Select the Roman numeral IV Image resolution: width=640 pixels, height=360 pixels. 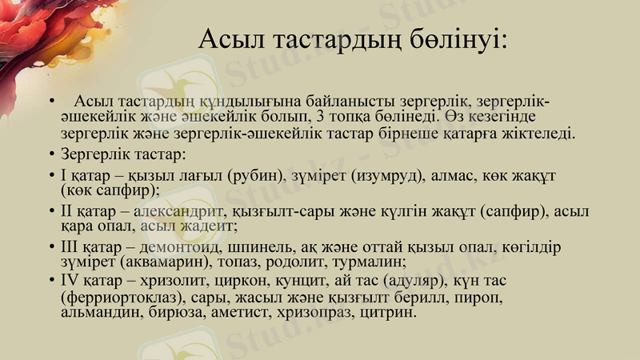(69, 282)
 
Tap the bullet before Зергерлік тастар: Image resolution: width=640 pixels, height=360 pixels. (51, 153)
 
